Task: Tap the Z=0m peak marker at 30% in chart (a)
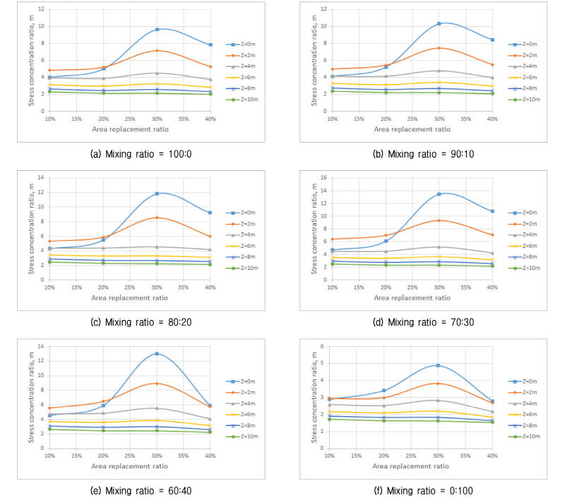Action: pos(157,29)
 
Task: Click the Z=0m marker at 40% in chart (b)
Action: pos(492,40)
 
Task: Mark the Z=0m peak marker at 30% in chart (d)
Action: pos(439,194)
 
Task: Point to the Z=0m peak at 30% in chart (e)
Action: pos(157,354)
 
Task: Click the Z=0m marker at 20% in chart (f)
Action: pos(385,391)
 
